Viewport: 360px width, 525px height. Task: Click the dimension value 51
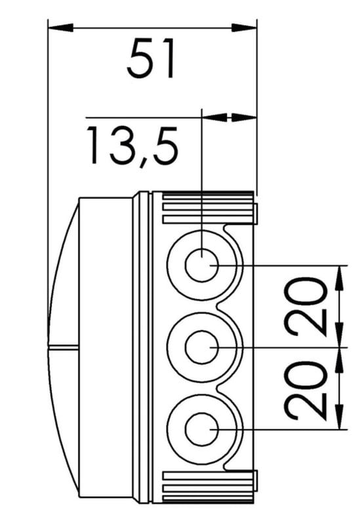151,58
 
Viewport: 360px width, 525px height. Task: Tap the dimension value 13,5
132,146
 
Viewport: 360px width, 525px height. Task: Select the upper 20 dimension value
306,306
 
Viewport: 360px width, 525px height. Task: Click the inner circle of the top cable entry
202,265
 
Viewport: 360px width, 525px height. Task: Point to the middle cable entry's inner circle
202,348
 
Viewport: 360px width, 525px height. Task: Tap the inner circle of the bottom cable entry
202,429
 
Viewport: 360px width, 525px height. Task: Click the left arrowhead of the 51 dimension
60,28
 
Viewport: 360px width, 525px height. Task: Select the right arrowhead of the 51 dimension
244,28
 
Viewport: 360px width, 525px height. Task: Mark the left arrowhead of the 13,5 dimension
215,117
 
